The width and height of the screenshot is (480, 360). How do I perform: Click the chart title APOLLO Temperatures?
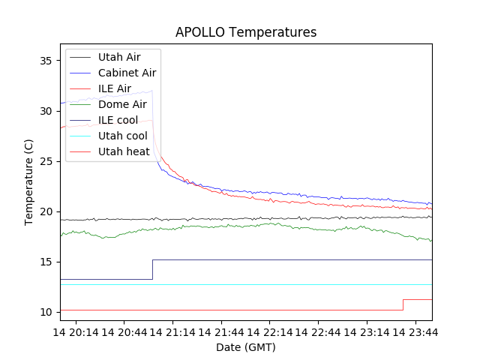point(246,32)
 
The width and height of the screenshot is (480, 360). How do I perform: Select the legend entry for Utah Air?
point(118,57)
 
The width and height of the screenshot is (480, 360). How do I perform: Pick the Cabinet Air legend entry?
point(127,73)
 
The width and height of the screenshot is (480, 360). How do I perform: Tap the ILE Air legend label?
point(114,88)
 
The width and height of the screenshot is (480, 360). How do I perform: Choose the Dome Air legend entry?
point(122,104)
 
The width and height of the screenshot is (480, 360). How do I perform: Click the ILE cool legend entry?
point(118,120)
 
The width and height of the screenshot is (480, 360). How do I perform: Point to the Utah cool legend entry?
point(122,136)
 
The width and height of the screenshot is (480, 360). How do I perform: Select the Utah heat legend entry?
point(124,151)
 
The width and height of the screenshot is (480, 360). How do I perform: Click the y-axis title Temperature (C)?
point(28,181)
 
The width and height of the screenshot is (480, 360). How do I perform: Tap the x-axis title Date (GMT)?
point(246,347)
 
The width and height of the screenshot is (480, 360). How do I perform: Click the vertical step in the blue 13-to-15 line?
point(153,270)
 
